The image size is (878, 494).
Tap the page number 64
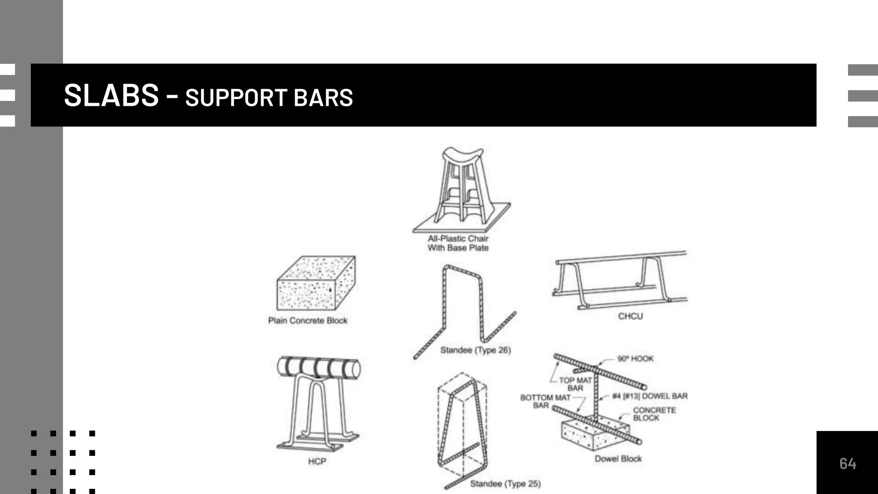point(848,464)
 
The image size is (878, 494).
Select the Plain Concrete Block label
point(307,320)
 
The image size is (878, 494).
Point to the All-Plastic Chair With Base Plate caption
point(458,243)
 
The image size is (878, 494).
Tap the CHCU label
point(630,316)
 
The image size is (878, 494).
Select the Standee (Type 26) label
point(475,350)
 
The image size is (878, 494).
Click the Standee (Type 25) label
point(505,484)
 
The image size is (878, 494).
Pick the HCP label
point(317,461)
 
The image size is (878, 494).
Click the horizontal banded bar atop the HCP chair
point(319,368)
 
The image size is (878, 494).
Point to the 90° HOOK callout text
point(635,358)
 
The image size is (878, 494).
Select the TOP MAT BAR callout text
point(575,384)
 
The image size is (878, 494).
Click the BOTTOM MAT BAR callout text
point(544,401)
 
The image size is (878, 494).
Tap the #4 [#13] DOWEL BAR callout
point(649,396)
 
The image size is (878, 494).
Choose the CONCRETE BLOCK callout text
point(654,414)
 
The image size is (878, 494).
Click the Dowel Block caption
point(618,458)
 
